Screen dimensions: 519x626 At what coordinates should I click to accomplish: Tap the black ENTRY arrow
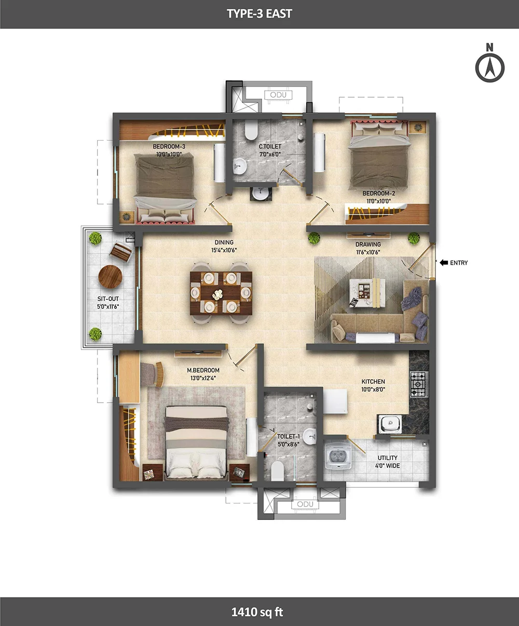click(444, 263)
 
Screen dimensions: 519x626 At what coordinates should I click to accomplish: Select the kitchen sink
click(390, 424)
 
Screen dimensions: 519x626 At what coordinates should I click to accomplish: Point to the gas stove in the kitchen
click(419, 384)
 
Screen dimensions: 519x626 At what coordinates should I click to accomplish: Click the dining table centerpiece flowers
click(217, 294)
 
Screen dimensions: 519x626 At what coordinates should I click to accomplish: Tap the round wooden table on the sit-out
click(110, 277)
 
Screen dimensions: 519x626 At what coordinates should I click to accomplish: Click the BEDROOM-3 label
click(169, 146)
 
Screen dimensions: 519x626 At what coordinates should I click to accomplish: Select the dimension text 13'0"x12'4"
click(203, 378)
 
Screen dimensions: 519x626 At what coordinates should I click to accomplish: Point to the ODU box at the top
click(278, 95)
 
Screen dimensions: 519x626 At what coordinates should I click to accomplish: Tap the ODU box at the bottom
click(305, 504)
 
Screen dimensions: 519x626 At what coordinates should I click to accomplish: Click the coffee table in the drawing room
click(367, 292)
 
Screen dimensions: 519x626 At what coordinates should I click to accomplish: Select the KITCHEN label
click(373, 382)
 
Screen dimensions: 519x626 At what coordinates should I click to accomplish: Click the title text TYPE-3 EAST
click(259, 14)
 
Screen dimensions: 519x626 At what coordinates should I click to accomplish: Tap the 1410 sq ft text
click(257, 612)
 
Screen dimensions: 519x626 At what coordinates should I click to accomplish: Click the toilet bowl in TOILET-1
click(277, 470)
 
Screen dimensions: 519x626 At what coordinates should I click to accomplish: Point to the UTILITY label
click(388, 458)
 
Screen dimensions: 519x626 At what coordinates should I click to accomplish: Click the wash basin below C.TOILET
click(260, 193)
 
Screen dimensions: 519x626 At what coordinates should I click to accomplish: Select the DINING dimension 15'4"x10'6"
click(224, 250)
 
